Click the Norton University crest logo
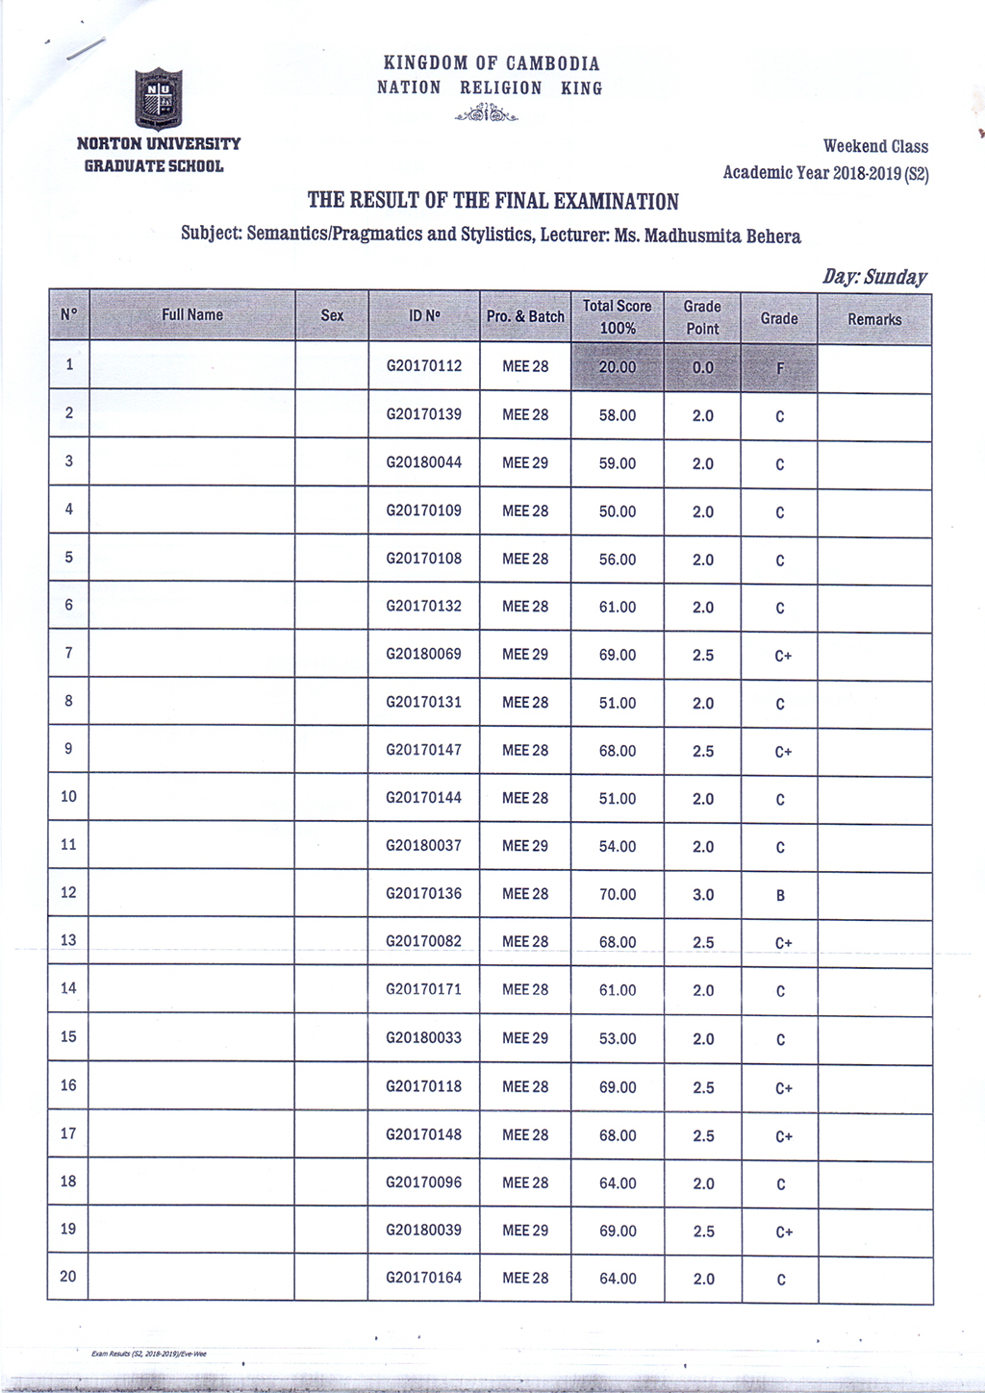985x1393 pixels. pyautogui.click(x=158, y=98)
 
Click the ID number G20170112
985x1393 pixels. pyautogui.click(x=423, y=366)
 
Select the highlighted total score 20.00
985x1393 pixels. pyautogui.click(x=617, y=367)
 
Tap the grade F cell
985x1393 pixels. pyautogui.click(x=779, y=367)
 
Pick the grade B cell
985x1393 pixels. pyautogui.click(x=780, y=895)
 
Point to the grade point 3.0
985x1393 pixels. pyautogui.click(x=703, y=895)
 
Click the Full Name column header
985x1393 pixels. pyautogui.click(x=192, y=315)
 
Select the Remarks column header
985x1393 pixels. pyautogui.click(x=874, y=319)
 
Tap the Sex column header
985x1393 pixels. pyautogui.click(x=332, y=315)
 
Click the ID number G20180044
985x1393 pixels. pyautogui.click(x=423, y=462)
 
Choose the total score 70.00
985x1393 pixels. pyautogui.click(x=617, y=895)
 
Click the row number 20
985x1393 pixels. pyautogui.click(x=68, y=1277)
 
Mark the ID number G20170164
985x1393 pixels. pyautogui.click(x=423, y=1278)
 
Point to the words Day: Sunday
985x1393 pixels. pyautogui.click(x=873, y=278)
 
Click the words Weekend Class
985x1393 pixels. pyautogui.click(x=875, y=147)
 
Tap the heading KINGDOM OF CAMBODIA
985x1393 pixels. pyautogui.click(x=491, y=63)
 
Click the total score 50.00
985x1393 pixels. pyautogui.click(x=617, y=511)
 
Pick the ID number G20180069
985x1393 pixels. pyautogui.click(x=423, y=655)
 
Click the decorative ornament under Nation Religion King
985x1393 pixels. pyautogui.click(x=488, y=115)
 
